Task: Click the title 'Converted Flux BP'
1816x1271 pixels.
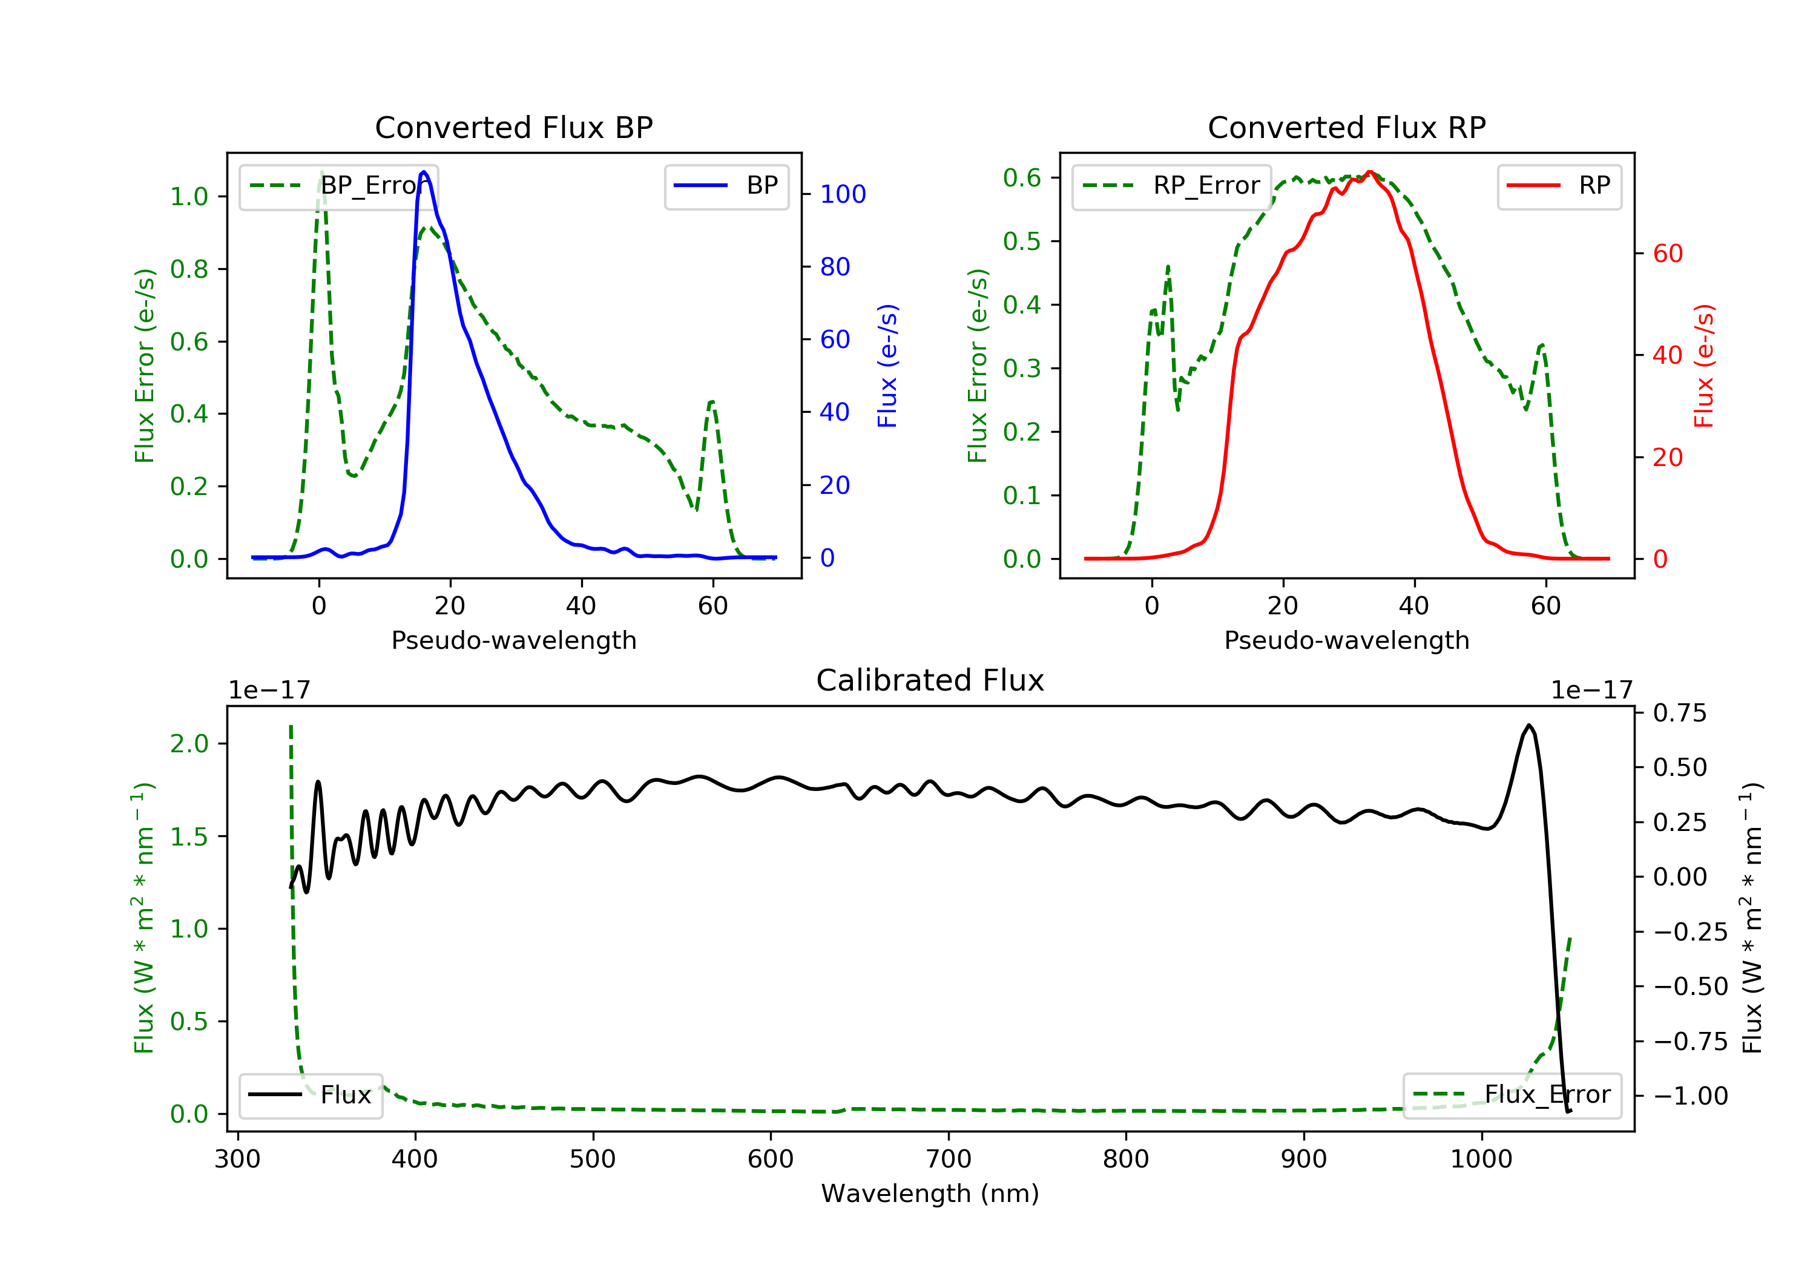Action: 513,127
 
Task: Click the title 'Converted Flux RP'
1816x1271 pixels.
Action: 1346,127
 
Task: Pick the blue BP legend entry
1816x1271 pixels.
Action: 726,186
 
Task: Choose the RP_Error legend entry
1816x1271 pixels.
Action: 1171,186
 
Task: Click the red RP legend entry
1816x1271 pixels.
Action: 1559,186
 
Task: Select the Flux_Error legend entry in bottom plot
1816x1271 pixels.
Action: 1512,1095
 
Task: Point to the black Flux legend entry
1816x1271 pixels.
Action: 310,1095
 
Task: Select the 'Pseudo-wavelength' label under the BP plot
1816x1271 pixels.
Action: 513,640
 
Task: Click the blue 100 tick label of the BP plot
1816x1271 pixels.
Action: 843,194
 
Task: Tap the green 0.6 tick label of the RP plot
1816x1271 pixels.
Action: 1021,178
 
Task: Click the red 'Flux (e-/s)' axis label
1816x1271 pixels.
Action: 1703,366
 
